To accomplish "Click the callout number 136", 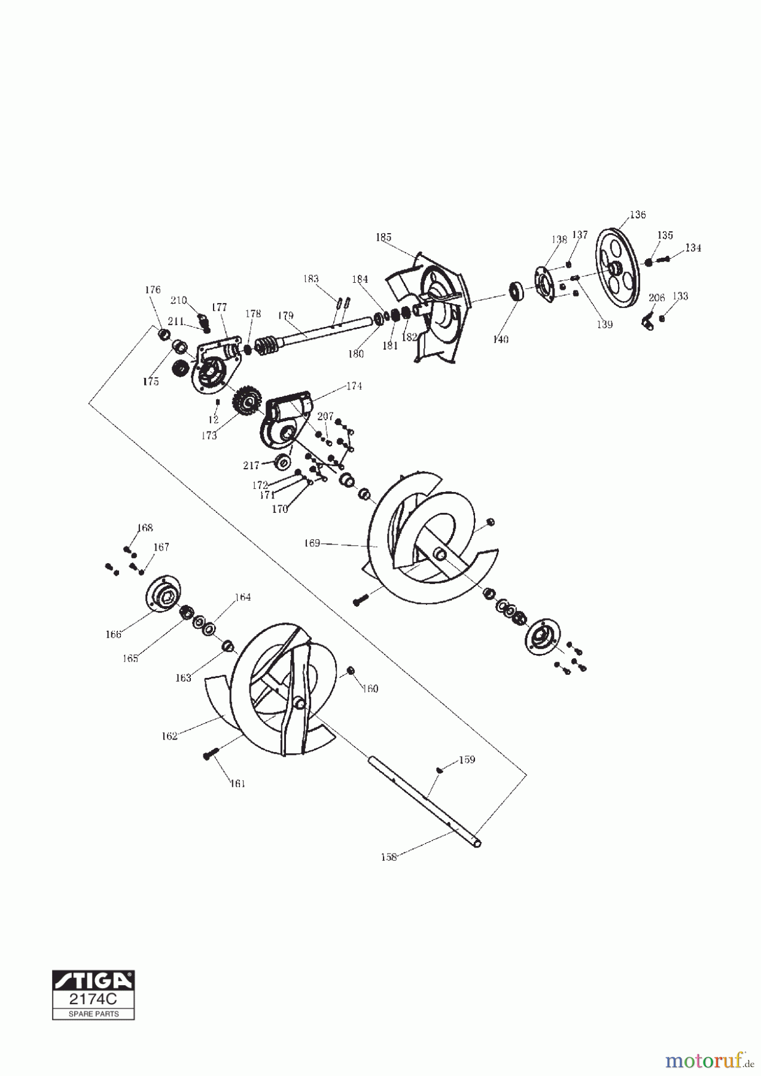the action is point(638,215).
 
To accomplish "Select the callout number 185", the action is point(383,237).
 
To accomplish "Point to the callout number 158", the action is point(389,857).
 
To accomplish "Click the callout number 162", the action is point(170,736).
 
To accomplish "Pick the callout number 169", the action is point(312,543).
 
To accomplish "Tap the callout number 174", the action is point(354,386).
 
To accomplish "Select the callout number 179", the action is point(285,315).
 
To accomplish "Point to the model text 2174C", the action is point(94,999).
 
